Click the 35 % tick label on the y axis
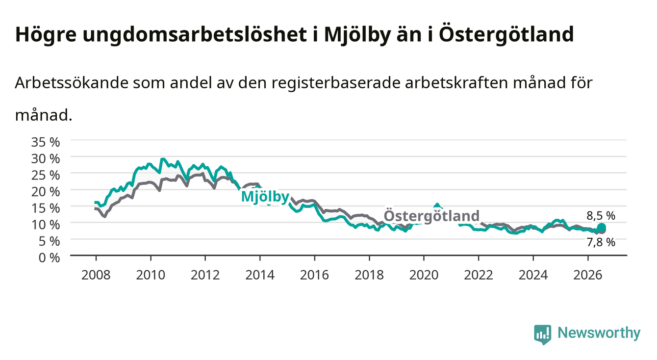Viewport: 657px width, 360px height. point(46,142)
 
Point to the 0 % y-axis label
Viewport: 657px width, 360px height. point(49,258)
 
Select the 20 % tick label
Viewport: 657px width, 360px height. point(46,192)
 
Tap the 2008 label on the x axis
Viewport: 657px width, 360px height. point(96,275)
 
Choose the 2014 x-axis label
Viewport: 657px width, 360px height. point(260,275)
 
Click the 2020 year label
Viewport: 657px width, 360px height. point(424,275)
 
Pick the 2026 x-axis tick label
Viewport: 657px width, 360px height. point(588,275)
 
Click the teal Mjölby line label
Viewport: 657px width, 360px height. point(265,197)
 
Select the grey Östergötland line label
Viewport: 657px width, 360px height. point(431,216)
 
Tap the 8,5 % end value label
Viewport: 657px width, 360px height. point(601,216)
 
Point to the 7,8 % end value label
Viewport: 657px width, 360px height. point(601,242)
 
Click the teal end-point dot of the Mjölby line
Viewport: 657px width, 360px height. point(601,228)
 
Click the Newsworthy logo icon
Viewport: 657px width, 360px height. point(543,334)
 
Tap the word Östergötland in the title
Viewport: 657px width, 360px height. point(506,34)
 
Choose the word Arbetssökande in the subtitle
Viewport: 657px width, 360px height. point(72,83)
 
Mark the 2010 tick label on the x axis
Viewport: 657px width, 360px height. point(151,275)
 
